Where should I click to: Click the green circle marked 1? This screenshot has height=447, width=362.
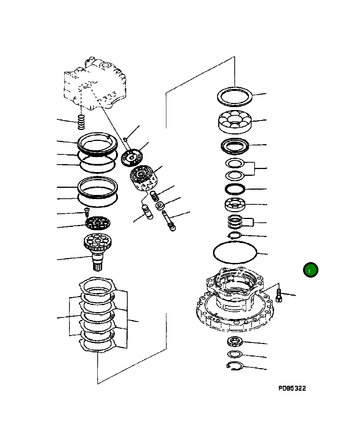pyautogui.click(x=311, y=270)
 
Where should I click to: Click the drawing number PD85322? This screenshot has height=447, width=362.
pyautogui.click(x=292, y=388)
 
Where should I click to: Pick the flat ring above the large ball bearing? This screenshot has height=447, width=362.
pyautogui.click(x=235, y=97)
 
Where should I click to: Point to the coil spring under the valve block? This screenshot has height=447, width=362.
pyautogui.click(x=82, y=121)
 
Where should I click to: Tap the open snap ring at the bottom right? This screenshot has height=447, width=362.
pyautogui.click(x=235, y=366)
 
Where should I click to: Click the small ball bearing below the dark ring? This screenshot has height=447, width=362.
pyautogui.click(x=235, y=204)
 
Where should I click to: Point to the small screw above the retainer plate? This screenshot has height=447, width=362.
pyautogui.click(x=86, y=211)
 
